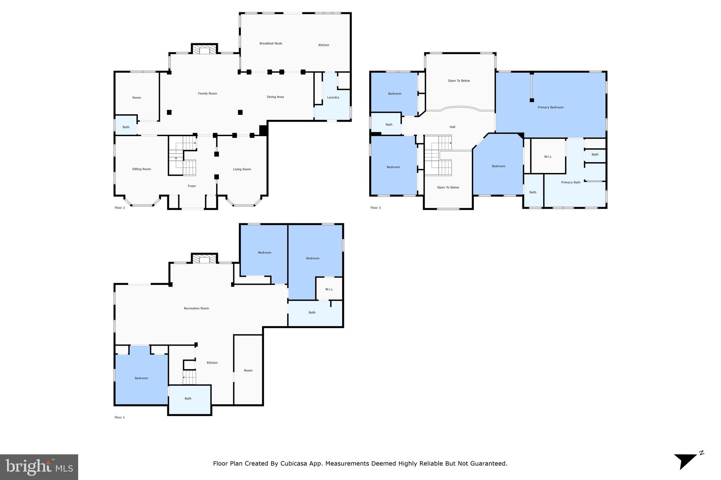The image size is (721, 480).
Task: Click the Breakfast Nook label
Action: [x=271, y=44]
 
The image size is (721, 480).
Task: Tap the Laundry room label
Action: [x=333, y=97]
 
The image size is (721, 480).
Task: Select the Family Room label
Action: [x=207, y=94]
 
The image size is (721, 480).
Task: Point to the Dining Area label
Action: [x=275, y=97]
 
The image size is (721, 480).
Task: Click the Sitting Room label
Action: [x=142, y=169]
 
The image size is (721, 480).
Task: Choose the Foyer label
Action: [x=192, y=186]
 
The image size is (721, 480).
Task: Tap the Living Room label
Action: [x=242, y=169]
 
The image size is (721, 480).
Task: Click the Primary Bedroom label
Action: [x=551, y=107]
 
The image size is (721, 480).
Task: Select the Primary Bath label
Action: [x=571, y=183]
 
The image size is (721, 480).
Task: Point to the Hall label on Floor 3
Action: [x=452, y=127]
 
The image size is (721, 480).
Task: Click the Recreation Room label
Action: [x=196, y=308]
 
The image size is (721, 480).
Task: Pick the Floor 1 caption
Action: [x=120, y=417]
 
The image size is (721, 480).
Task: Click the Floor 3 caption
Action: [x=376, y=208]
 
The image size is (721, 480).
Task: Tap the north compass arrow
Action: [x=685, y=461]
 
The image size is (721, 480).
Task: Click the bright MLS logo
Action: [x=39, y=467]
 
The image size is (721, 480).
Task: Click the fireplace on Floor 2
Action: [x=204, y=49]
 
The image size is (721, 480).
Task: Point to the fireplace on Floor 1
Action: [x=204, y=258]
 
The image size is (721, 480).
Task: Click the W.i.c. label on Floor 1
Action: [x=329, y=289]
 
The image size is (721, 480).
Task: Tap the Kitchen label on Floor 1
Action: [x=212, y=363]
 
